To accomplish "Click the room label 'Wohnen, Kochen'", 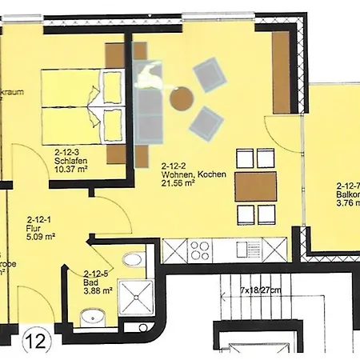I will (x=193, y=174).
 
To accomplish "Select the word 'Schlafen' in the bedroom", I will (x=71, y=158).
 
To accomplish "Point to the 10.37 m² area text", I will (x=71, y=168).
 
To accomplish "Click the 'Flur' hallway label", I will (x=34, y=227).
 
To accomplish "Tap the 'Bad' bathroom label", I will (x=90, y=282).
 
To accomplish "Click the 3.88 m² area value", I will (x=98, y=292).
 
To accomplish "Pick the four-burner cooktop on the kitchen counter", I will (x=200, y=250).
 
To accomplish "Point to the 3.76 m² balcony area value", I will (x=348, y=203).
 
